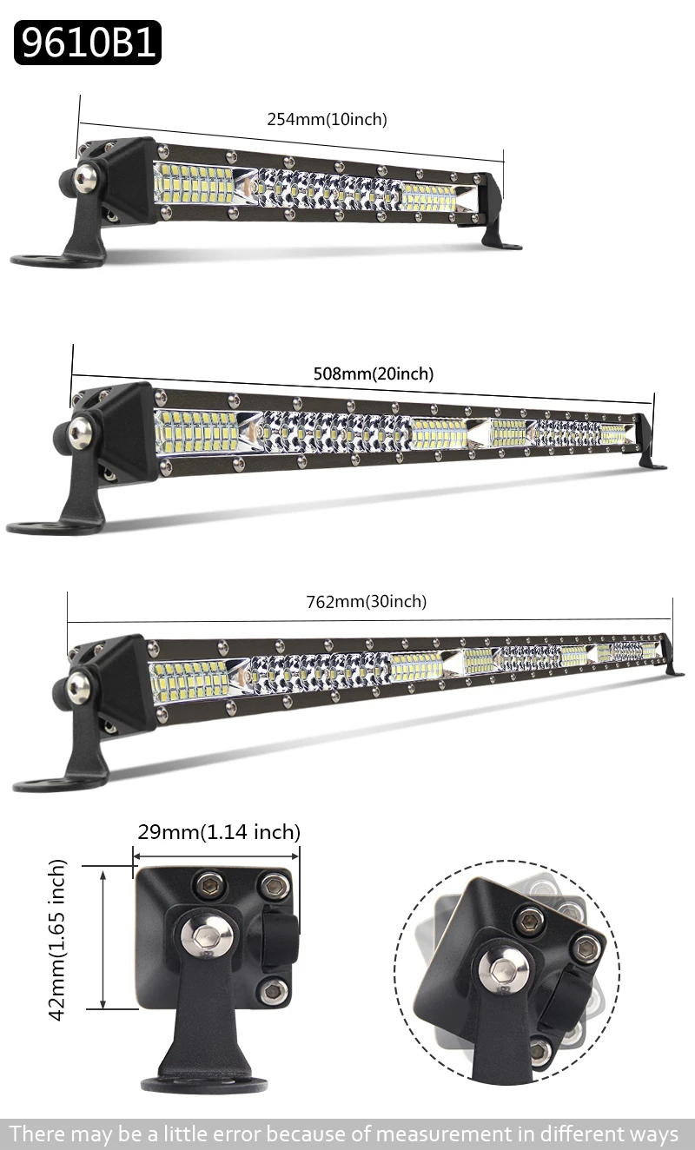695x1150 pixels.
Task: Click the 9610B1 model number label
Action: [88, 43]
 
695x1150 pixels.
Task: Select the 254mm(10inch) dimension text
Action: [327, 119]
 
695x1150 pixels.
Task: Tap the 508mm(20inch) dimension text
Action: [373, 373]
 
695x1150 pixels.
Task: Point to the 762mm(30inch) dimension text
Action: [367, 601]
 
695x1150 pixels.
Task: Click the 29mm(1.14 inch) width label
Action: [219, 832]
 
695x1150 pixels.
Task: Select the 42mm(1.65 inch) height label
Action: [57, 940]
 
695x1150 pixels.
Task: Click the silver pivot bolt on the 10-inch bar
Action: [84, 177]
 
